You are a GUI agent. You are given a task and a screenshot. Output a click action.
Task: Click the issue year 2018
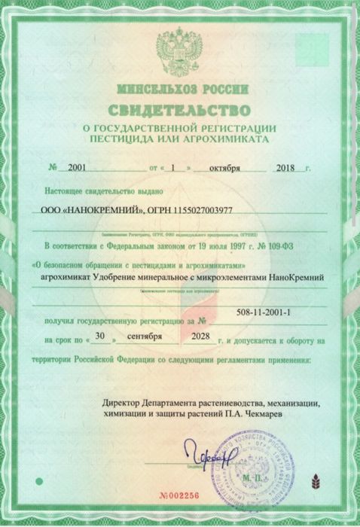pos(286,167)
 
